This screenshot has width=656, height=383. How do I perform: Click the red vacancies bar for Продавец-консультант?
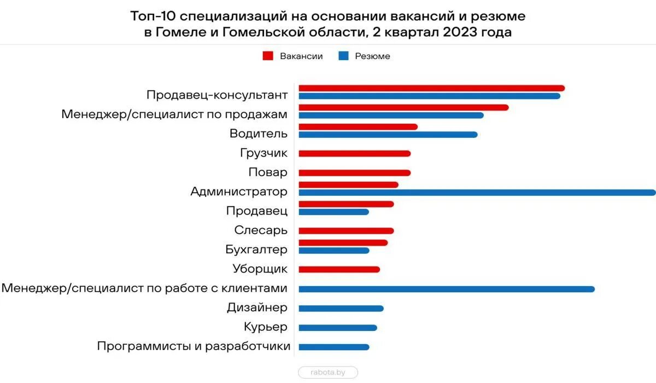(431, 88)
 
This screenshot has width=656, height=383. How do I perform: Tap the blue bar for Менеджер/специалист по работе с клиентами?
(446, 289)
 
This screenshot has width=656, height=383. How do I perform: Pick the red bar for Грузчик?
(354, 154)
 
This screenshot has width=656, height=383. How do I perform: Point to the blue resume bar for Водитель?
(388, 135)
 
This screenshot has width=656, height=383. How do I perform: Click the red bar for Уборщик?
(339, 269)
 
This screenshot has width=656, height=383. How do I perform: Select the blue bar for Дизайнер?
(341, 308)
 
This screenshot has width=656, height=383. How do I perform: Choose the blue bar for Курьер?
(337, 328)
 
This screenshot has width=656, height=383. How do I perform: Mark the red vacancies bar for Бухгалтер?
(343, 242)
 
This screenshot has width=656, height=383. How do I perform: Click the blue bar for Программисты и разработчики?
(333, 347)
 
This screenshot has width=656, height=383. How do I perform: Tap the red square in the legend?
(268, 56)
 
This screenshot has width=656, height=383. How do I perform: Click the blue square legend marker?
(343, 56)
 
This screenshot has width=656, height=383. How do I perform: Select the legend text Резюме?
(372, 56)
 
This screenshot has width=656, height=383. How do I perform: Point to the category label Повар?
(267, 173)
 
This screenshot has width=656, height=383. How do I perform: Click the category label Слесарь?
(261, 230)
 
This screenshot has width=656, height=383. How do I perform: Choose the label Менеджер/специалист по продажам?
(174, 114)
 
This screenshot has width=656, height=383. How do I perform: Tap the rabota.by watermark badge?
(328, 373)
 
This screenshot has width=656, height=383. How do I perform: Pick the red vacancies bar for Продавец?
(346, 204)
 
